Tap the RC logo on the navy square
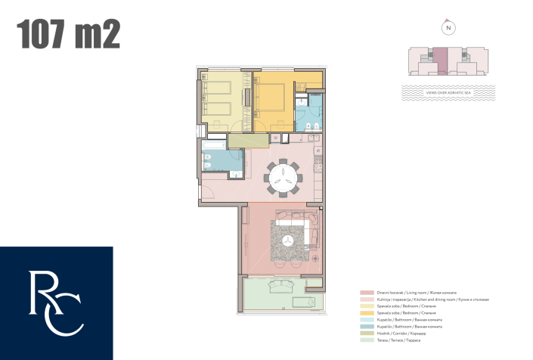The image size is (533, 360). [x=56, y=303]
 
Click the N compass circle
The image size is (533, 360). [x=449, y=28]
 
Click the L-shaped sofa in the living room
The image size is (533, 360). [x=298, y=222]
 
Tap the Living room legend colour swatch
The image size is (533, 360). [x=363, y=293]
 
